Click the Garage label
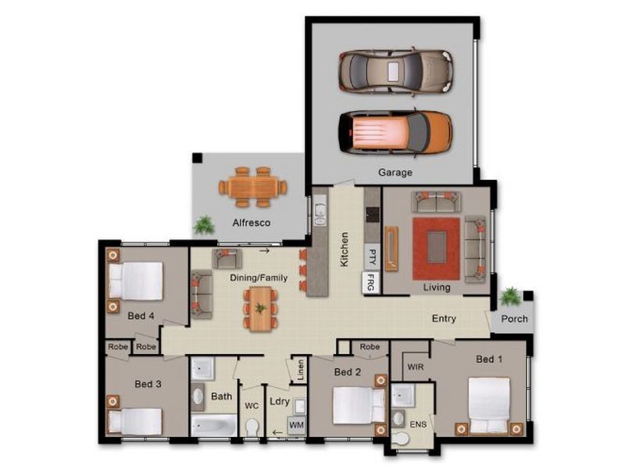pos(395,173)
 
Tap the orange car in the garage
pos(395,132)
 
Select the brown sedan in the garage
pos(396,72)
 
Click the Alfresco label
pos(252,223)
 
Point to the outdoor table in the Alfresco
pos(252,187)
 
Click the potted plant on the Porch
pos(510,297)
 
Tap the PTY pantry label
pos(373,257)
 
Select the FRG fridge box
pos(370,282)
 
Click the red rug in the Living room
pos(437,249)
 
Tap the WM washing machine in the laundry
pos(296,425)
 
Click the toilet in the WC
pos(252,428)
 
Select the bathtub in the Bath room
pos(213,426)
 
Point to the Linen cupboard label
pos(301,370)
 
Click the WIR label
pos(416,367)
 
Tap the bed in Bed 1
pos(489,405)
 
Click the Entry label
pos(444,319)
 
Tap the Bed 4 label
pos(141,316)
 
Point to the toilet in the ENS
pos(400,439)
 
